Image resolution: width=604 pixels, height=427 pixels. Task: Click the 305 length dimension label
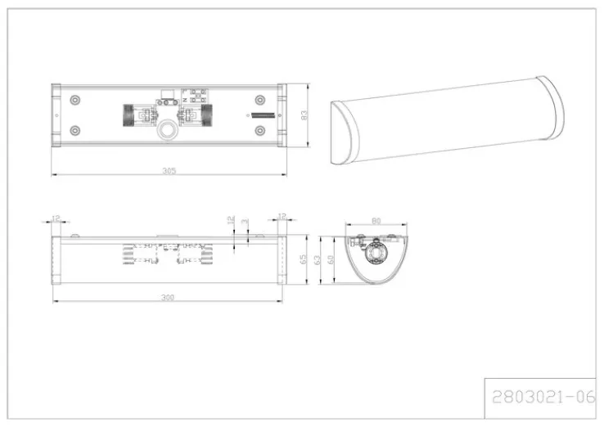(169, 171)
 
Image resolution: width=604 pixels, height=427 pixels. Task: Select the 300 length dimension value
(169, 298)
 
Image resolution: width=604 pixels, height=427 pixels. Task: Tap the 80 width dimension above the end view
(376, 220)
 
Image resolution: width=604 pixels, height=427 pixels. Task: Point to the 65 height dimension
(304, 258)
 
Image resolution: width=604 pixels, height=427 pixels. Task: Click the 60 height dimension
(331, 258)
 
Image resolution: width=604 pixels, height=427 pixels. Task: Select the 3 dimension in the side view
(245, 222)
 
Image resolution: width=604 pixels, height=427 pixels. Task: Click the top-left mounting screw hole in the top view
(75, 99)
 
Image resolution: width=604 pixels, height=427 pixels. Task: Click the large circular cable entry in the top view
(169, 131)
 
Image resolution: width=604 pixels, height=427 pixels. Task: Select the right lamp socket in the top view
(205, 115)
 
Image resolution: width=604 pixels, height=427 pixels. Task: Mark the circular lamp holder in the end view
(376, 254)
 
